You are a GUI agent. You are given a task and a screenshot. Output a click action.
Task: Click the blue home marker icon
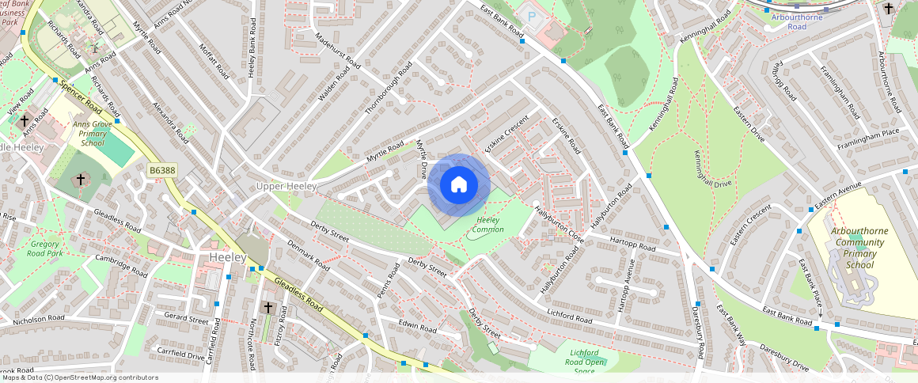(x=459, y=185)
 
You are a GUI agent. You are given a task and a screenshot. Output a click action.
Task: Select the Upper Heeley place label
(x=286, y=186)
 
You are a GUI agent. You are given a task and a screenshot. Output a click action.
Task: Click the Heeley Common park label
(x=487, y=225)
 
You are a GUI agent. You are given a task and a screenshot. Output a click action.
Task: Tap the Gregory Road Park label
(x=44, y=248)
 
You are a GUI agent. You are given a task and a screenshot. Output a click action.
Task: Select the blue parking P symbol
(x=532, y=17)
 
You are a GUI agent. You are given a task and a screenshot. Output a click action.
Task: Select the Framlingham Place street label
(x=869, y=132)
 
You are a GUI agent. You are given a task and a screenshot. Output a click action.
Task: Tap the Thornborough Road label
(x=389, y=88)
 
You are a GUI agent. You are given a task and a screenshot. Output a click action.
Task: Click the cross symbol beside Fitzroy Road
(x=267, y=307)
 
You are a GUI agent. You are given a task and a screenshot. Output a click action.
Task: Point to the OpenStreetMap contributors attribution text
(x=79, y=377)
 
